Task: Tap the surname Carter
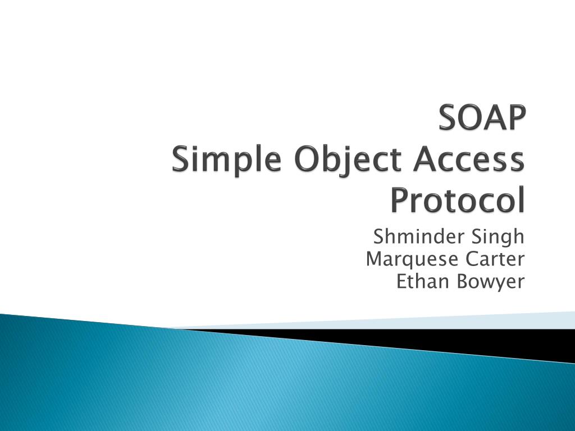(x=495, y=259)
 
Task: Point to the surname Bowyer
(x=490, y=281)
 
